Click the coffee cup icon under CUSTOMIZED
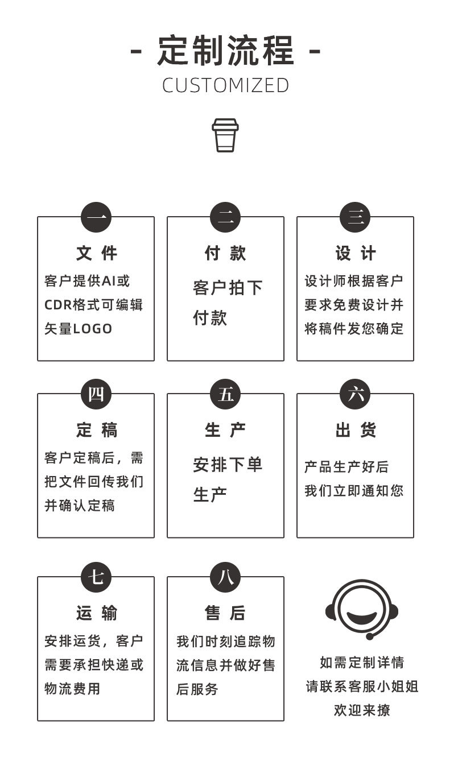pos(225,135)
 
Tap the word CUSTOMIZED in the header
pos(226,85)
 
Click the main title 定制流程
pos(226,51)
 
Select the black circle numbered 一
pos(96,218)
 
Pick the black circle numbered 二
pos(225,218)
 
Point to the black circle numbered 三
pos(355,218)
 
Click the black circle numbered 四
pos(96,394)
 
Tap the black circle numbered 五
pos(225,394)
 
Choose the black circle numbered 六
pos(355,394)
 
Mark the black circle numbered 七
pos(96,577)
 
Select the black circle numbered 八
pos(225,577)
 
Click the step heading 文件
pos(96,253)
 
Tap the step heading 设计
pos(355,253)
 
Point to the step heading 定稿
pos(96,430)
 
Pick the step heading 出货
pos(355,430)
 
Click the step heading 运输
pos(96,613)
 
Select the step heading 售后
pos(225,613)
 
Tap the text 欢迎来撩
pos(362,710)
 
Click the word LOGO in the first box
pos(93,329)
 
